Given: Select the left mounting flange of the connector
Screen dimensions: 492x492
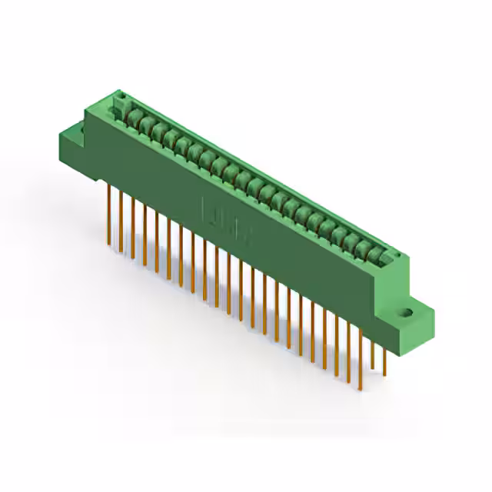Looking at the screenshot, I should click(x=77, y=138).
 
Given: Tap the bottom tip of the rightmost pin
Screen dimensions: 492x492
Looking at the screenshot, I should click(x=384, y=376).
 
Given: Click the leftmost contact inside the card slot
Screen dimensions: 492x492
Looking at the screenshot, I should click(x=132, y=117).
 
